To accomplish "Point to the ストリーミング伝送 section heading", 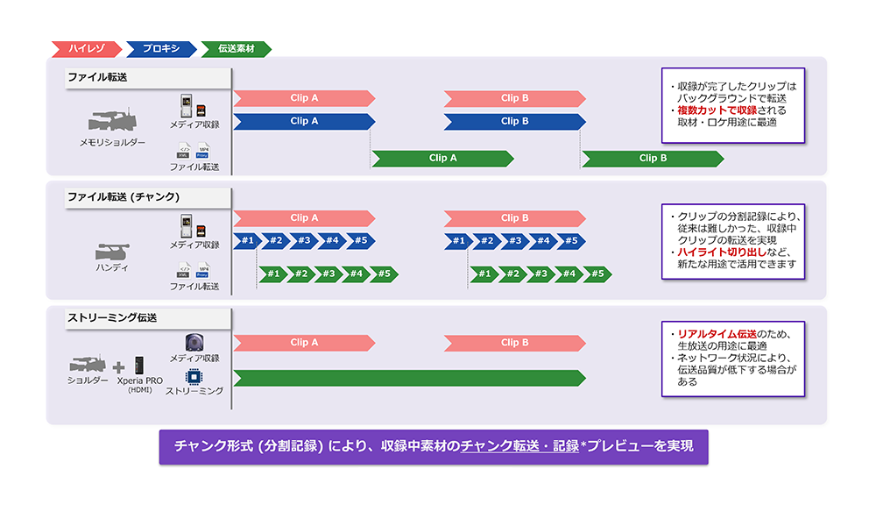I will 112,317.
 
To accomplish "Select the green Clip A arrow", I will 442,159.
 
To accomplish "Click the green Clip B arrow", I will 653,159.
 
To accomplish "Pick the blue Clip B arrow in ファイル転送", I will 514,121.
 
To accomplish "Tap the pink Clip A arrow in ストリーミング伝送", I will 304,342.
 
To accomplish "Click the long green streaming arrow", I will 409,378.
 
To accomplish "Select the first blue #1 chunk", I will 246,240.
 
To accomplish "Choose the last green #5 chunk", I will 597,274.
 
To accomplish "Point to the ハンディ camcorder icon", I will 111,249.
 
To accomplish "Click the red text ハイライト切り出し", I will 714,252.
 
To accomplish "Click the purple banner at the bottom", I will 434,446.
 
